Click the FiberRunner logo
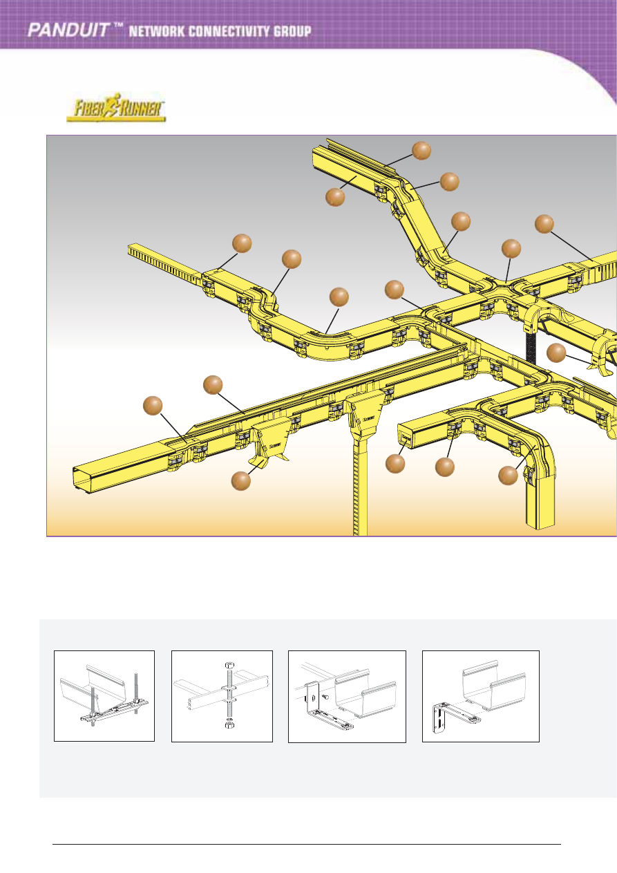[x=116, y=109]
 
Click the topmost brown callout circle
[x=421, y=150]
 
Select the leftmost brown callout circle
[x=153, y=405]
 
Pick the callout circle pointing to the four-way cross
[x=511, y=250]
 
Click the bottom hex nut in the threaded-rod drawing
[x=229, y=726]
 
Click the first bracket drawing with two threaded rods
[x=104, y=696]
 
